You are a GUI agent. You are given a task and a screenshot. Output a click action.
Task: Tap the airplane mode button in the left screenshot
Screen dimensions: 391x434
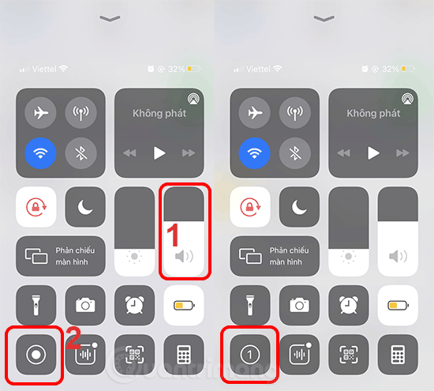[x=41, y=112]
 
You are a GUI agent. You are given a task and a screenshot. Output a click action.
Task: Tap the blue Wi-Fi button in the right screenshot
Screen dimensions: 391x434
[x=254, y=152]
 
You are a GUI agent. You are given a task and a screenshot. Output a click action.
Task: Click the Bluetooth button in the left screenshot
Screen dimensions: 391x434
[x=80, y=152]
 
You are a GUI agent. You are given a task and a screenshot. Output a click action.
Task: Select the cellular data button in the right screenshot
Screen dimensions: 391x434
[x=294, y=112]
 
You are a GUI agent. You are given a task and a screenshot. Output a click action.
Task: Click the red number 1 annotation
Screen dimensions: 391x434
[x=178, y=235]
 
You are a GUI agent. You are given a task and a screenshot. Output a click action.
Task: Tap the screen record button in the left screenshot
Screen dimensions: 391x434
[x=36, y=355]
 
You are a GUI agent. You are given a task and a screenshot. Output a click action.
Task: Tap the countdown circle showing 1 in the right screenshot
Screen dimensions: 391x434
[x=249, y=355]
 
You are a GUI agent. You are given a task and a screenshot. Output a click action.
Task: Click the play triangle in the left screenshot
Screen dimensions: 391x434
[x=160, y=152]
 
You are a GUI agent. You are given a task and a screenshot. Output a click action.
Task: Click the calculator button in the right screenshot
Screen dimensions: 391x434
[x=397, y=355]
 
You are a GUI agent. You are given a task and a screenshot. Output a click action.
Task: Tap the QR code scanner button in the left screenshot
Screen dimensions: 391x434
[x=135, y=355]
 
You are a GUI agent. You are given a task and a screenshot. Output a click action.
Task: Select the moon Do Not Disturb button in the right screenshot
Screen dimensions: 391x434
[x=298, y=207]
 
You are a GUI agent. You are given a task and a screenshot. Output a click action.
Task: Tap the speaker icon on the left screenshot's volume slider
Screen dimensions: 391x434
[x=183, y=257]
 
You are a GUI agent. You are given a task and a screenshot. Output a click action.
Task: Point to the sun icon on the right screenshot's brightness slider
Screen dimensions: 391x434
[x=348, y=258]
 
